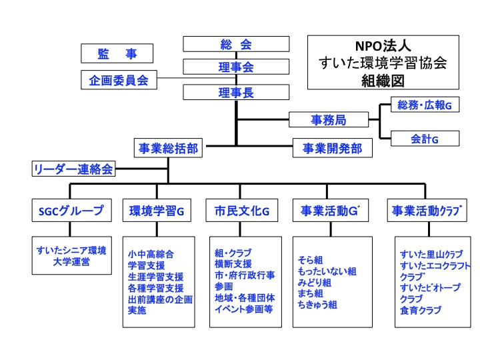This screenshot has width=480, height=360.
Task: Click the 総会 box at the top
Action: [x=236, y=44]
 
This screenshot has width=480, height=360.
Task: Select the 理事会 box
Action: [x=236, y=67]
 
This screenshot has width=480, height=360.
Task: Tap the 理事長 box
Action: [x=236, y=93]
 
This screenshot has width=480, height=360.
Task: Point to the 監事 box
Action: [x=117, y=54]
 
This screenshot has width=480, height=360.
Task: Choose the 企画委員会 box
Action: [x=119, y=79]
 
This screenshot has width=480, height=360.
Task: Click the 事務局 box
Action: [x=329, y=120]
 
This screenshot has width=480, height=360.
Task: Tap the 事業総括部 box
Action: [x=168, y=149]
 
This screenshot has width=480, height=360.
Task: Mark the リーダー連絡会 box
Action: [x=73, y=169]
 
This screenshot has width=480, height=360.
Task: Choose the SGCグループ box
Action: [x=71, y=211]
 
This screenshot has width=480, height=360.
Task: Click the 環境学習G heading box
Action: [x=157, y=211]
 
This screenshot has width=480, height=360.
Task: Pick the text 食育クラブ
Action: [x=420, y=309]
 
